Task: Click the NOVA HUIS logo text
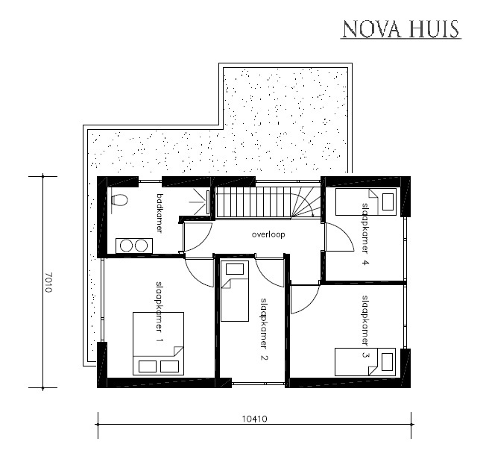(400, 29)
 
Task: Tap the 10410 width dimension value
(255, 419)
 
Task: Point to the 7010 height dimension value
(48, 281)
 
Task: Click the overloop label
(269, 234)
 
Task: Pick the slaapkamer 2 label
(263, 329)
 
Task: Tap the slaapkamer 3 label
(365, 327)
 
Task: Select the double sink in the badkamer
(133, 244)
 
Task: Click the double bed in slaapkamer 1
(157, 343)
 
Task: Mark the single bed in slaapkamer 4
(364, 201)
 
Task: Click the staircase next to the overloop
(267, 202)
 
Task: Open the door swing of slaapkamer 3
(303, 300)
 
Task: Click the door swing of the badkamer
(195, 237)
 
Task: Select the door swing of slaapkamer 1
(200, 271)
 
